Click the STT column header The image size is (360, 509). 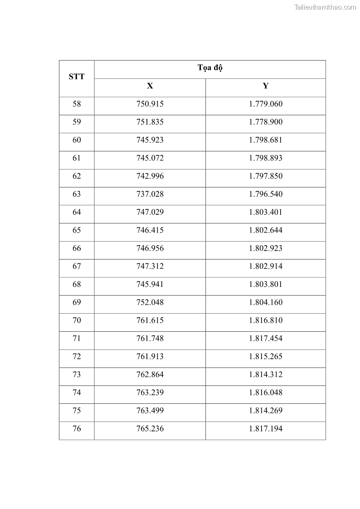coord(77,77)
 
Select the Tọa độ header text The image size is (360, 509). coord(210,68)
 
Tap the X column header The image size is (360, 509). coord(150,86)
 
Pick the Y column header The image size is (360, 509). coord(266,86)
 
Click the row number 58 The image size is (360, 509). coord(77,104)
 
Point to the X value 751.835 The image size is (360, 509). coord(150,122)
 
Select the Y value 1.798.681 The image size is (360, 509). coord(266,140)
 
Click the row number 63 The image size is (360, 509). coord(77,194)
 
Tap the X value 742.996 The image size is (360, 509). coord(150,176)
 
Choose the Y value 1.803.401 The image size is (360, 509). coord(266,212)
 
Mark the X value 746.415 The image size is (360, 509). coord(150,230)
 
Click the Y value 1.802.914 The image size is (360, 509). coord(266,266)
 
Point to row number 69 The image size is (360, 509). coord(77,302)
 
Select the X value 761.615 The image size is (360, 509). coord(150,320)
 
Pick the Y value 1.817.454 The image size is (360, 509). coord(266,339)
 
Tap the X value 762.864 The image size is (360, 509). coord(150,374)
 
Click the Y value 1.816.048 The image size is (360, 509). coord(266,393)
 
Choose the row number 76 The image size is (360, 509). coord(77,429)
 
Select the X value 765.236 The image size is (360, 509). coord(150,429)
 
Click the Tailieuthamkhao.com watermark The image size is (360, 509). coord(325,7)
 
